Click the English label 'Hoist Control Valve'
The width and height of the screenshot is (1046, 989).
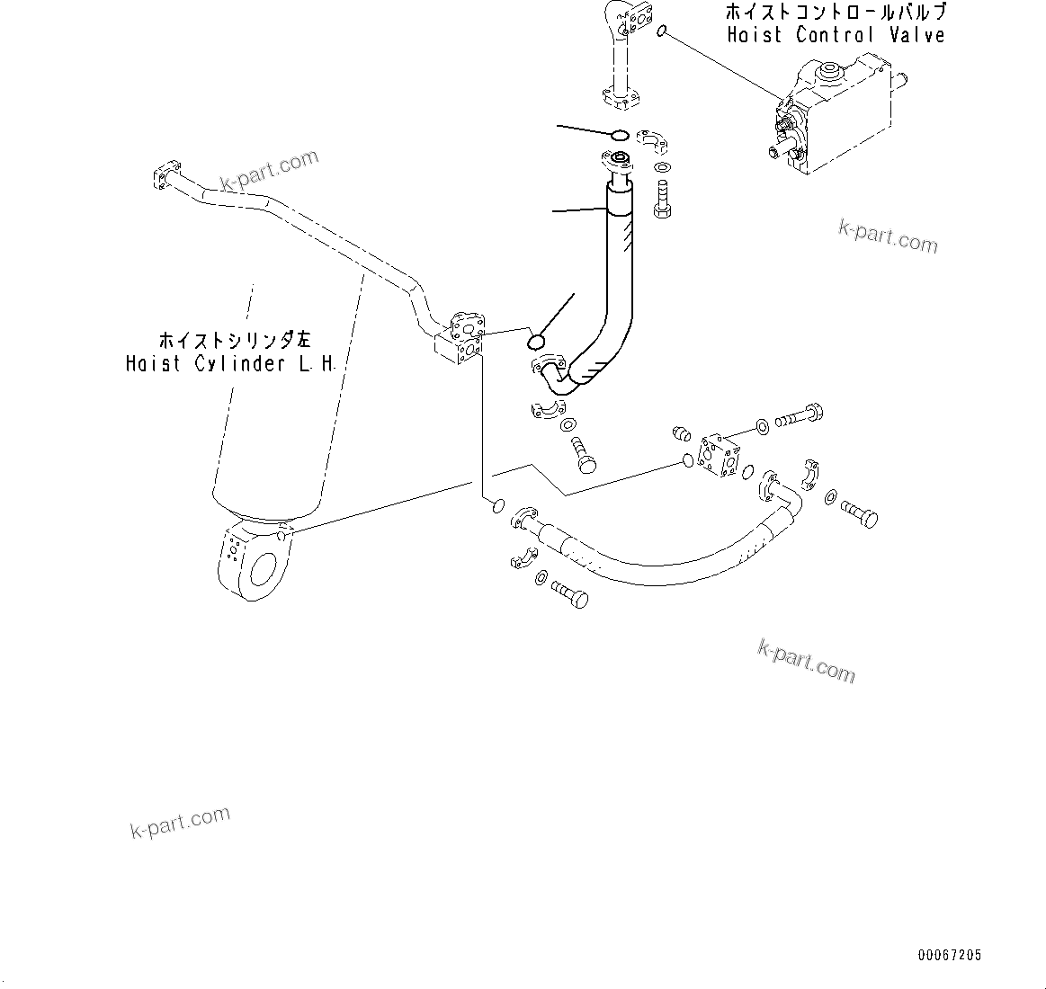(x=836, y=35)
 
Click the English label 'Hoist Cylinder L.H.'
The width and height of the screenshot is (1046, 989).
(x=231, y=364)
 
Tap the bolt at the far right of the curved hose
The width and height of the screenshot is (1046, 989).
(x=858, y=514)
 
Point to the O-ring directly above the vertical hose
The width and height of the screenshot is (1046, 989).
(x=620, y=135)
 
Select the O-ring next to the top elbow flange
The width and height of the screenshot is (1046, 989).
(x=662, y=32)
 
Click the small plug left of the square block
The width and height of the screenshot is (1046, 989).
(x=682, y=435)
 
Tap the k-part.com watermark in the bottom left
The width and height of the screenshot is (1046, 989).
(x=180, y=821)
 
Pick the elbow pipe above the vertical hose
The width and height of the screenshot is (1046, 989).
(x=619, y=54)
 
